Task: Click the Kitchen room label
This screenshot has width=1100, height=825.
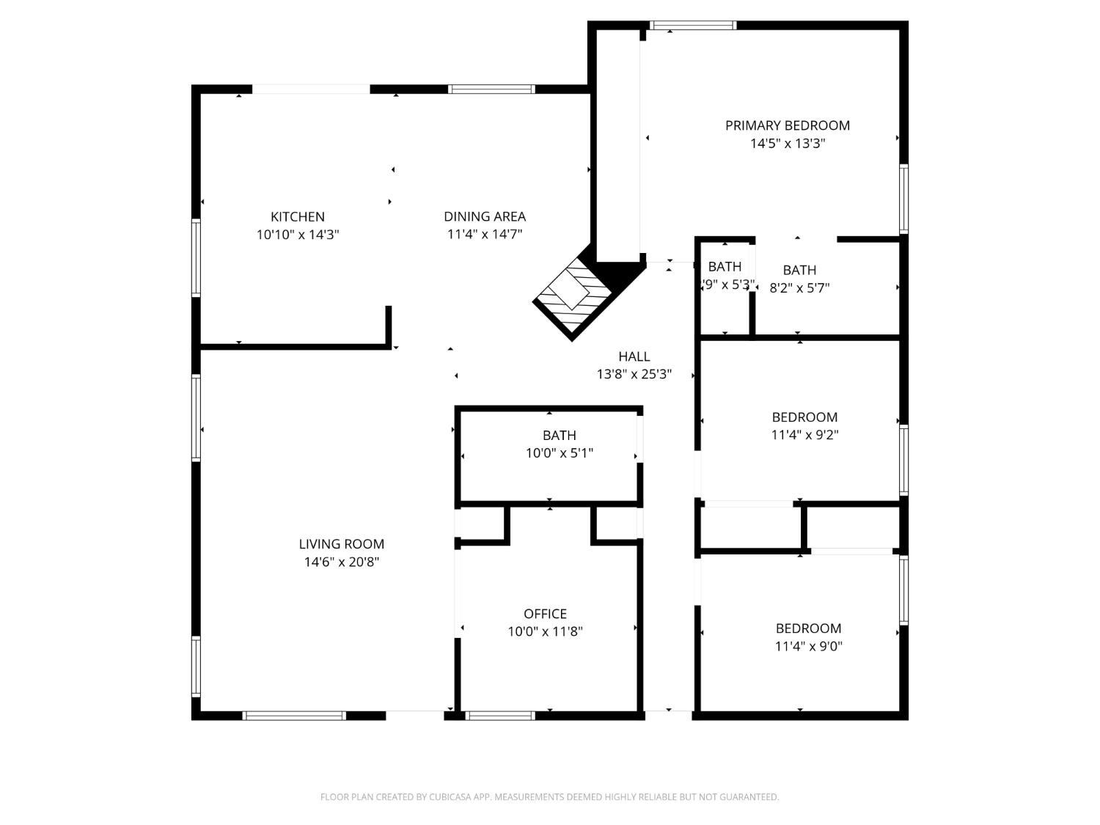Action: tap(297, 216)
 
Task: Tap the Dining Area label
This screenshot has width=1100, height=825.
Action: tap(485, 216)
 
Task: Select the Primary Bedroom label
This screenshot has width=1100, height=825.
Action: tap(788, 125)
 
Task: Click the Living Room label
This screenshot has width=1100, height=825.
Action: tap(341, 544)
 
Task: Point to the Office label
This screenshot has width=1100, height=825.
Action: tap(545, 614)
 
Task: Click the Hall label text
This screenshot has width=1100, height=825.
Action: tap(634, 356)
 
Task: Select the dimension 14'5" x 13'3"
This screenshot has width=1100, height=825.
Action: tap(788, 144)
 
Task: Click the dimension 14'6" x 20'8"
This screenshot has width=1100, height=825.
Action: tap(341, 562)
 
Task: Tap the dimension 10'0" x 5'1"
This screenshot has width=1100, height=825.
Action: tap(559, 453)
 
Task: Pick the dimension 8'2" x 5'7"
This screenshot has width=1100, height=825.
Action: tap(799, 288)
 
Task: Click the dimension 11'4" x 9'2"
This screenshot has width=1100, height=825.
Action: tap(804, 435)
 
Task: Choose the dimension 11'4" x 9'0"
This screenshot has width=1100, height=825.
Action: tap(808, 647)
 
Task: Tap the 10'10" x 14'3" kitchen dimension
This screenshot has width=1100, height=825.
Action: tap(297, 235)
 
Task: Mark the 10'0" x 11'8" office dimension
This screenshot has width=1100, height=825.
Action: tap(545, 631)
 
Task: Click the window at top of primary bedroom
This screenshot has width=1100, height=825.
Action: tap(693, 26)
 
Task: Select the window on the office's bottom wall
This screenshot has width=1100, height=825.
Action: tap(501, 715)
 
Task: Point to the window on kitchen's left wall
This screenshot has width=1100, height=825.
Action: tap(196, 257)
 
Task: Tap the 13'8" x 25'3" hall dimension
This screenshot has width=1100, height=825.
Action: tap(634, 375)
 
